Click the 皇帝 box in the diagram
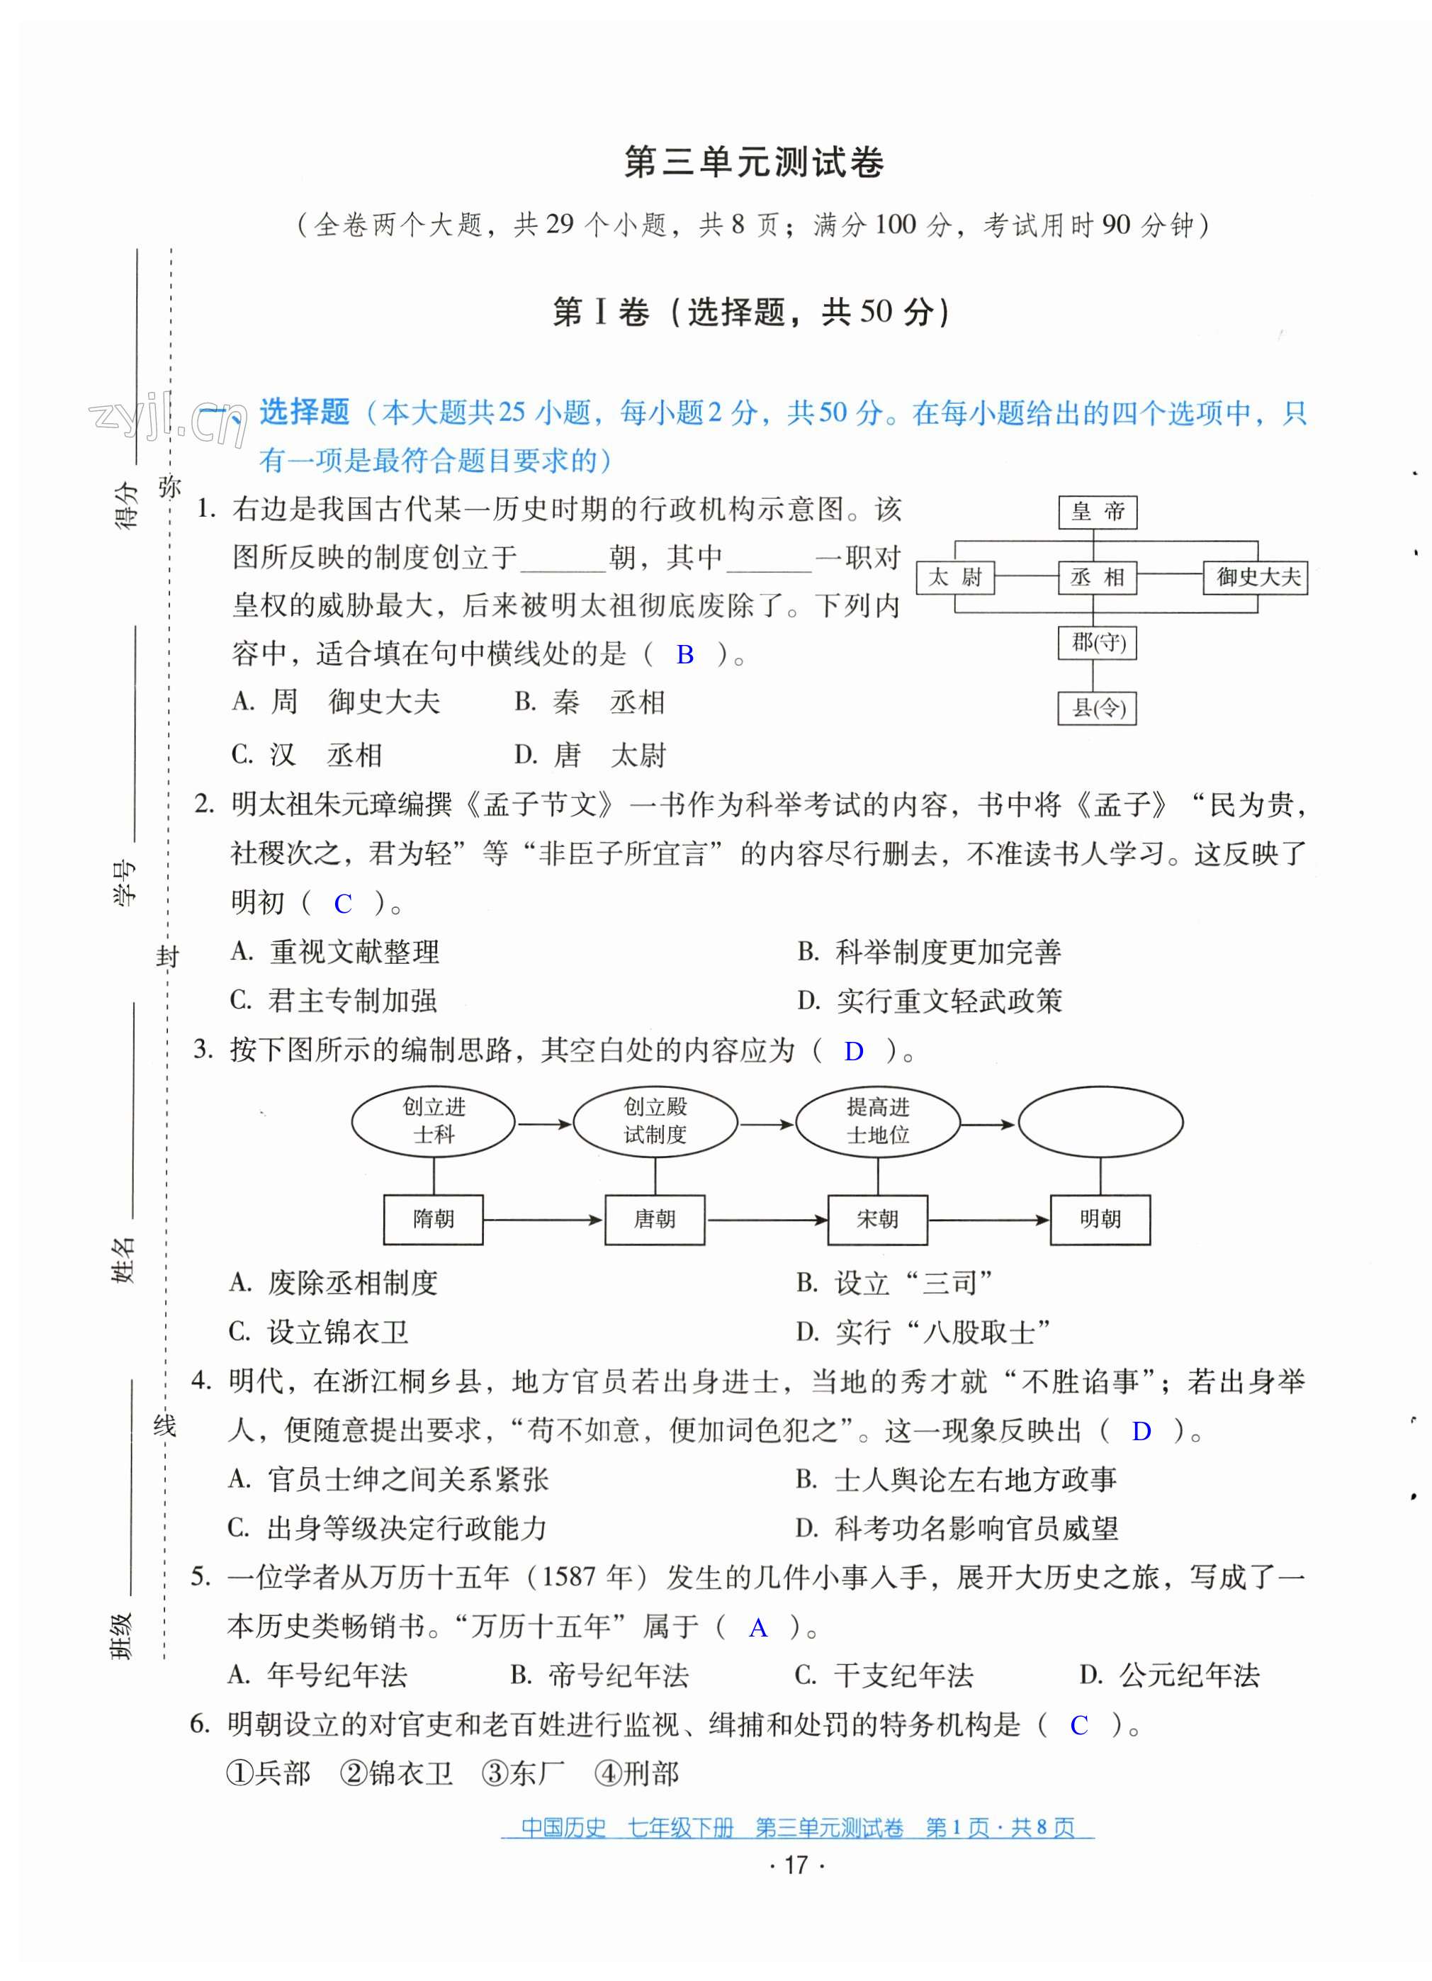click(1097, 512)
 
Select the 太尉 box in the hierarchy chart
click(954, 578)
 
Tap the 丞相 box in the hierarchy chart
click(1097, 578)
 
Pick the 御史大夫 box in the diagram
click(1255, 578)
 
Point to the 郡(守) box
click(1098, 643)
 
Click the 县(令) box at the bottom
click(1097, 707)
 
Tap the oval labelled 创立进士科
click(433, 1121)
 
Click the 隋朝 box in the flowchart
click(433, 1219)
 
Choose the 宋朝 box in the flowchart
click(876, 1219)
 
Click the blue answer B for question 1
click(684, 654)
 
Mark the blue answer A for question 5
click(758, 1627)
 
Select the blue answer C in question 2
click(342, 904)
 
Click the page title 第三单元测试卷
click(755, 162)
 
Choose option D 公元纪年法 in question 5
click(1170, 1676)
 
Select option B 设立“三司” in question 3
click(895, 1283)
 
